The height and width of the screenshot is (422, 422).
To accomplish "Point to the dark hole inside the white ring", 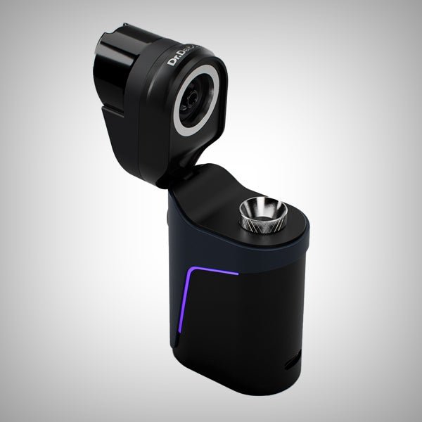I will (x=197, y=103).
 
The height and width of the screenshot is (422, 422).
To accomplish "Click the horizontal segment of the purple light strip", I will (x=214, y=270).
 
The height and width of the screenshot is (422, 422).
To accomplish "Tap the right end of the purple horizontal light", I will (x=238, y=271).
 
